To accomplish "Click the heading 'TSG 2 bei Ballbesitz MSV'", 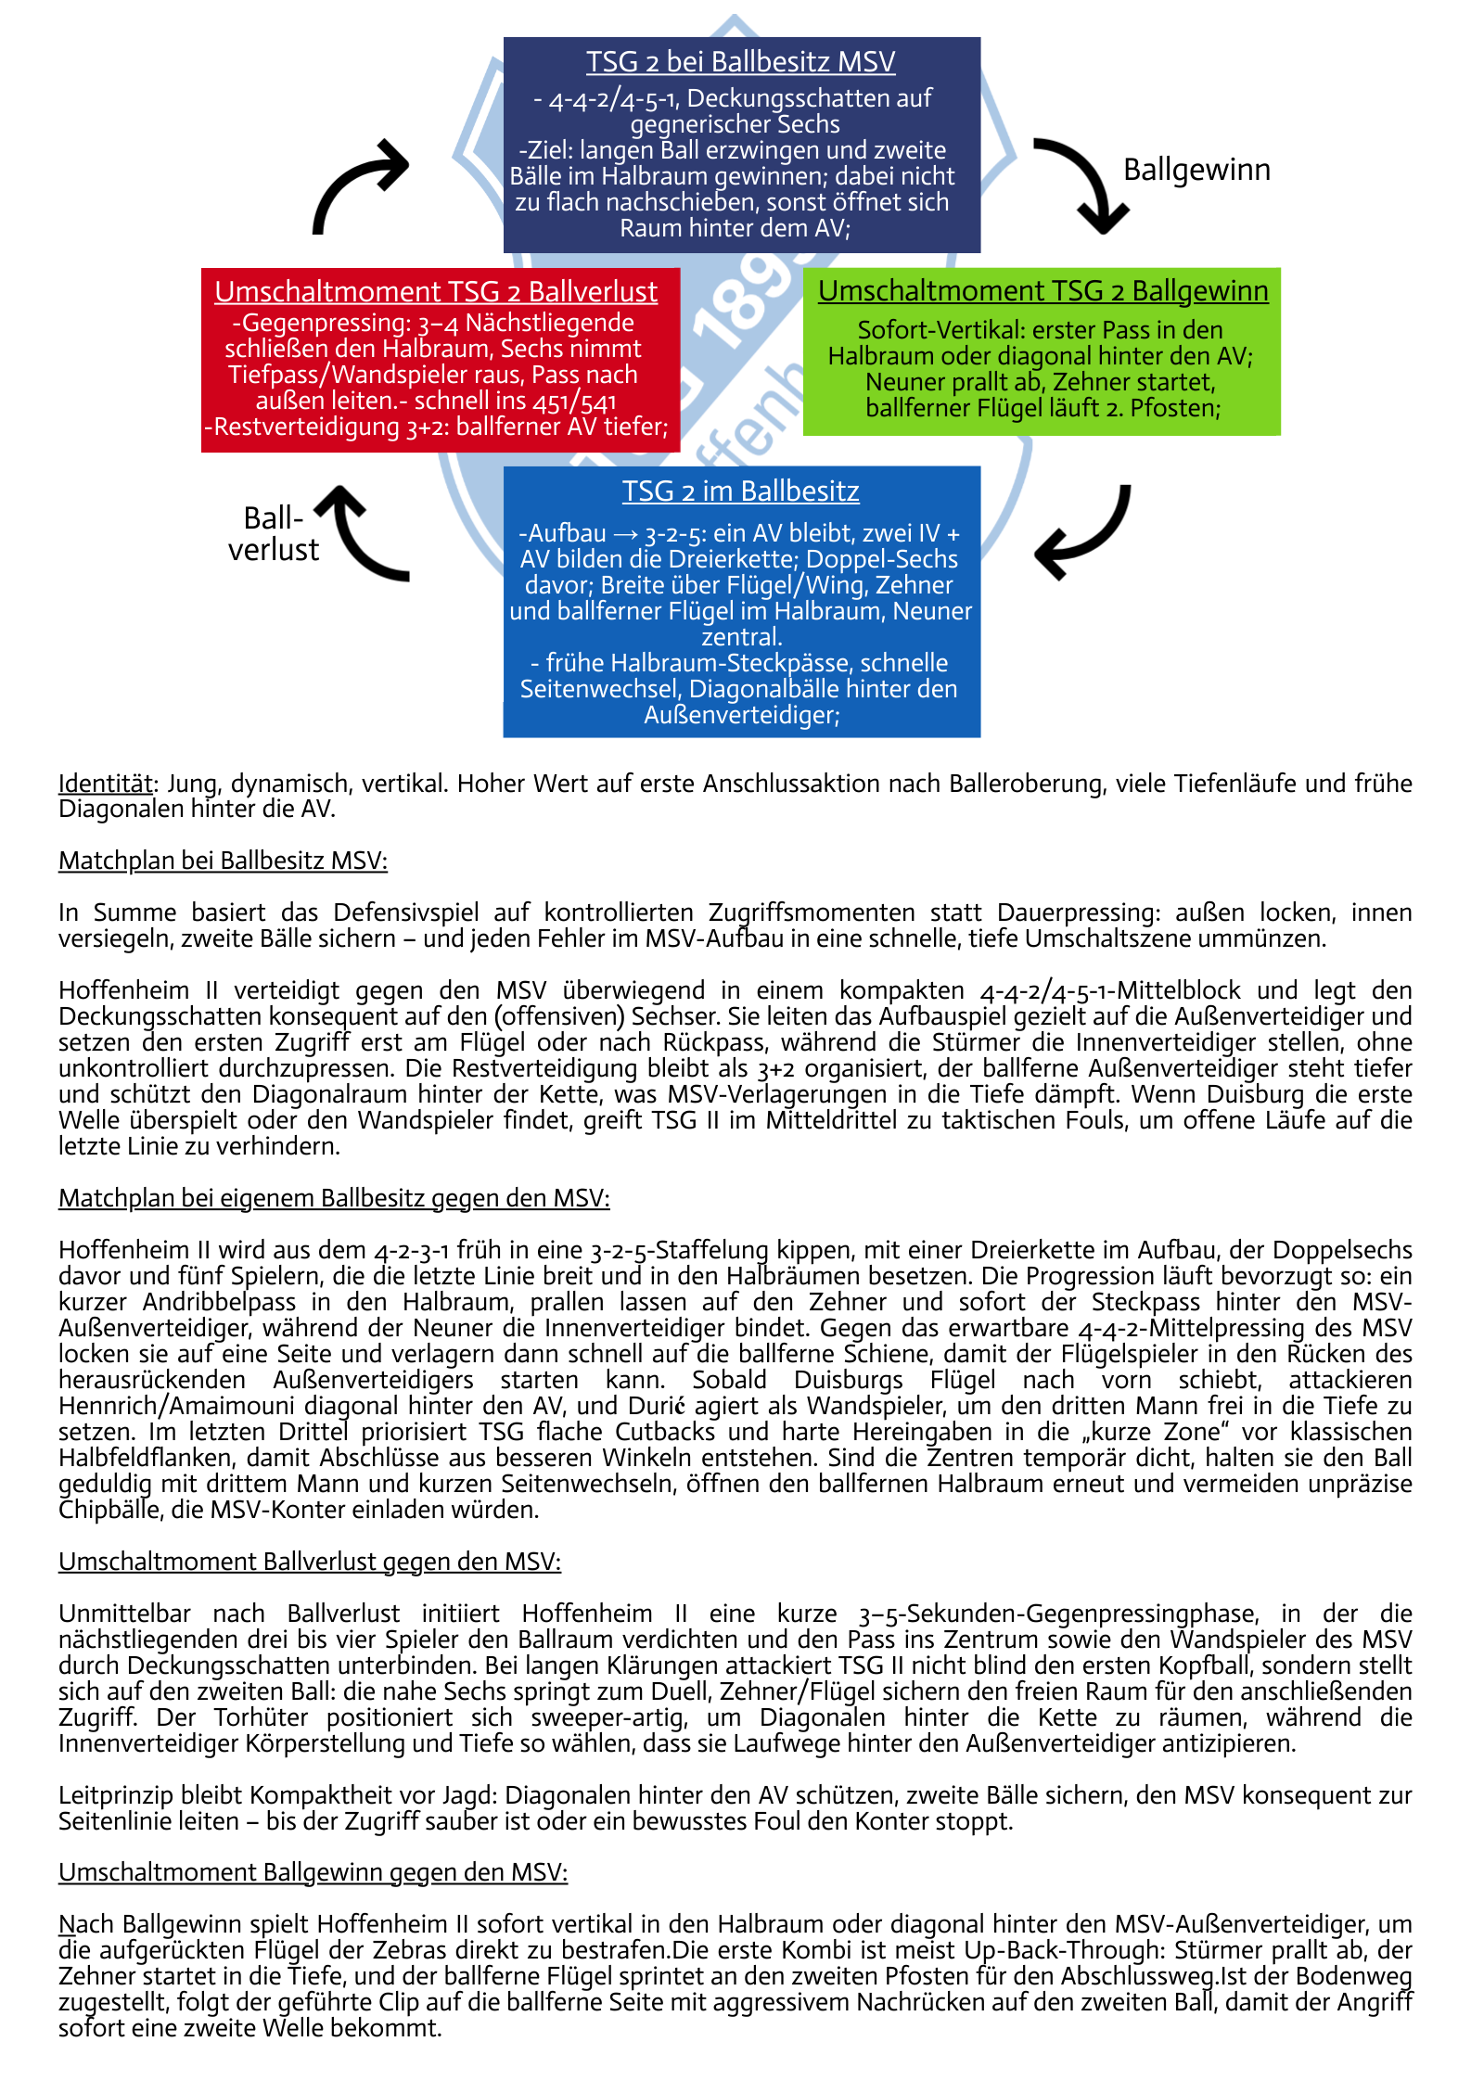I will pyautogui.click(x=740, y=62).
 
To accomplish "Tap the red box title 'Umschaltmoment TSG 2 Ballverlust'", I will pyautogui.click(x=436, y=292).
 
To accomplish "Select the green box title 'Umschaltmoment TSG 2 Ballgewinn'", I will pyautogui.click(x=1042, y=291).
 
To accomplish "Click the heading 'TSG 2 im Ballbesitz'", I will pyautogui.click(x=740, y=491).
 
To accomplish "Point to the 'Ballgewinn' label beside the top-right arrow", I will pyautogui.click(x=1196, y=171).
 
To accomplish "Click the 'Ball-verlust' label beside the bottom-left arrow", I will pyautogui.click(x=273, y=534).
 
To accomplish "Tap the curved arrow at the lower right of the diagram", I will pyautogui.click(x=1084, y=532).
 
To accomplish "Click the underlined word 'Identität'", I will pyautogui.click(x=105, y=784).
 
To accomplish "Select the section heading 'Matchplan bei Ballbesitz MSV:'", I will pyautogui.click(x=223, y=861).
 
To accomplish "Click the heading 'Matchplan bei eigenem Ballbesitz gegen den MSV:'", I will pyautogui.click(x=334, y=1199).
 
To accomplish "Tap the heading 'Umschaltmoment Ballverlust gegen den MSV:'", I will pyautogui.click(x=310, y=1563).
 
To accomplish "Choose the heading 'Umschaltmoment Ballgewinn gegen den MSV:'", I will pyautogui.click(x=313, y=1873).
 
